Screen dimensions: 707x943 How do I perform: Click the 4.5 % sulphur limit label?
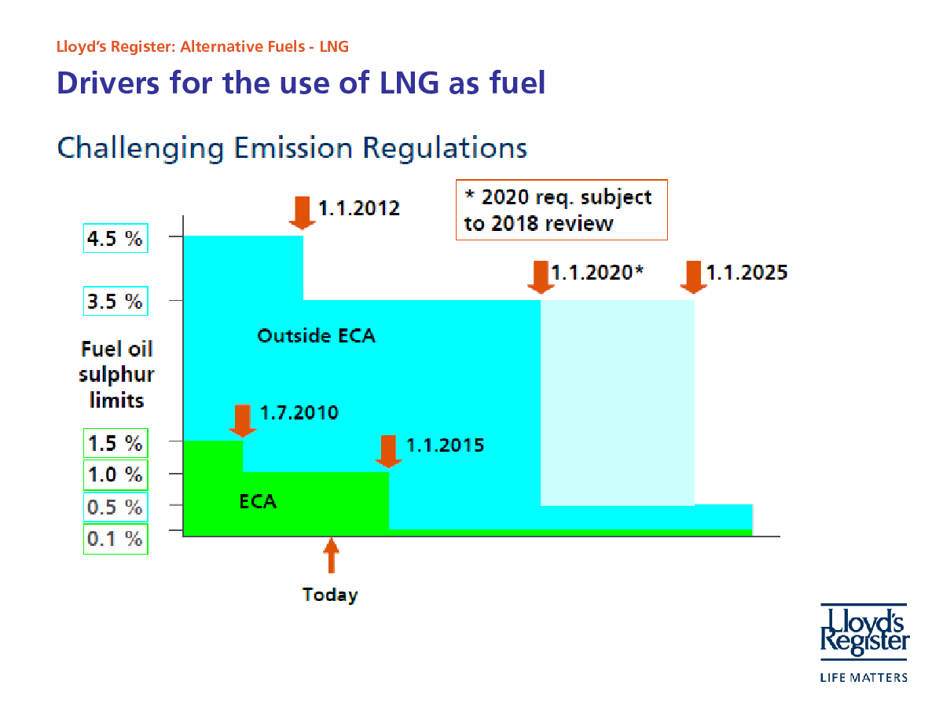point(115,239)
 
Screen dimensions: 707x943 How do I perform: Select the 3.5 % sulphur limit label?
point(115,302)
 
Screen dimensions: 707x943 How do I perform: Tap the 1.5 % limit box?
point(115,443)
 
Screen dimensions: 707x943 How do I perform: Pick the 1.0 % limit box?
point(115,475)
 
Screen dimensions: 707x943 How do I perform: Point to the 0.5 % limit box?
point(115,507)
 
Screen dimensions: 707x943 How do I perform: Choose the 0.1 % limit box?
point(115,539)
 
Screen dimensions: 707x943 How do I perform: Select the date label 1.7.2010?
point(299,412)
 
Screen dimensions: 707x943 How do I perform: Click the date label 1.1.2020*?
point(597,273)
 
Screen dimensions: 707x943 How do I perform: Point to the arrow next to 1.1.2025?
point(692,276)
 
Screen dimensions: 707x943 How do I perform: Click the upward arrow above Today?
point(332,555)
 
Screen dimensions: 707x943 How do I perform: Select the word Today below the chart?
point(330,595)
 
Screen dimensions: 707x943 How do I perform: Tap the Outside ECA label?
point(316,336)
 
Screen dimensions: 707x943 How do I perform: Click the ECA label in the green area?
point(258,500)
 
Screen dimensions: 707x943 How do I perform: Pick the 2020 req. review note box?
point(561,210)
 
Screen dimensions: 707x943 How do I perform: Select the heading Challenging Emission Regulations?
point(292,148)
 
